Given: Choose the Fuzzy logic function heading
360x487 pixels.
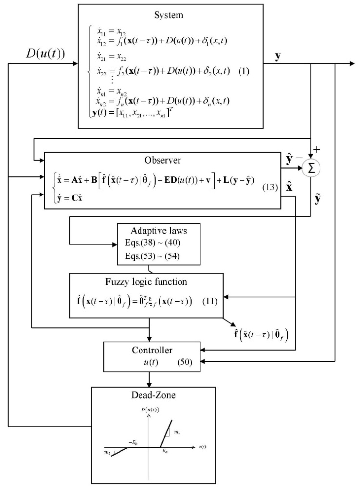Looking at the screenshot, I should click(x=146, y=282).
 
